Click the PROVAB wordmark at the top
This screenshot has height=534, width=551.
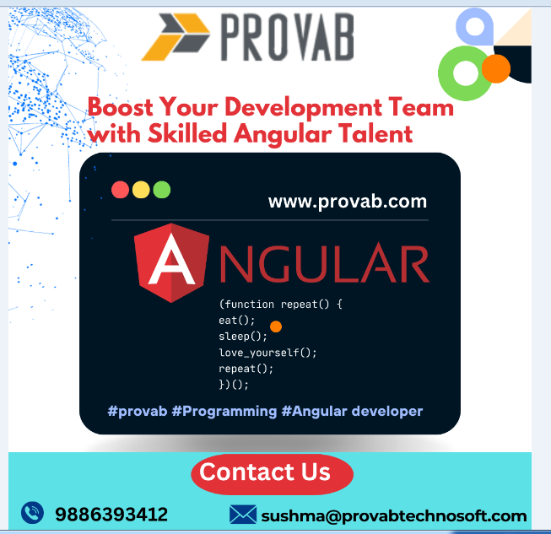point(287,37)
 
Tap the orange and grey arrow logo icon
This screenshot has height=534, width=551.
point(176,37)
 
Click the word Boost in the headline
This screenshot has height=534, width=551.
point(121,107)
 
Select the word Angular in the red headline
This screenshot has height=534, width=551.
point(283,135)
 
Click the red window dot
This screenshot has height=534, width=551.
point(120,190)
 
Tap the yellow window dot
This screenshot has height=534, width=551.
point(141,190)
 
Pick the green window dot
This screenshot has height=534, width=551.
point(162,190)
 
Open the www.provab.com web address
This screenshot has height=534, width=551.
point(348,202)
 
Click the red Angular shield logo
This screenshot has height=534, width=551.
point(171,263)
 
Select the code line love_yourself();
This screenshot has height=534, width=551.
point(267,353)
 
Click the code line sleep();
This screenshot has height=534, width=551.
point(243,337)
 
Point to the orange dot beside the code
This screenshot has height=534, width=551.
point(276,326)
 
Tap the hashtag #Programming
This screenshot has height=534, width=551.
point(224,412)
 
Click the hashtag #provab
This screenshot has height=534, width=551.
point(138,411)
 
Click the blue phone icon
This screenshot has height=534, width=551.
point(32,513)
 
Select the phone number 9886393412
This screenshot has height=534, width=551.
point(111,515)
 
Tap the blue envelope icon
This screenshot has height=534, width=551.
point(243,515)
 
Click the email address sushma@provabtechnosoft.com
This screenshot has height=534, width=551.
point(394,515)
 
